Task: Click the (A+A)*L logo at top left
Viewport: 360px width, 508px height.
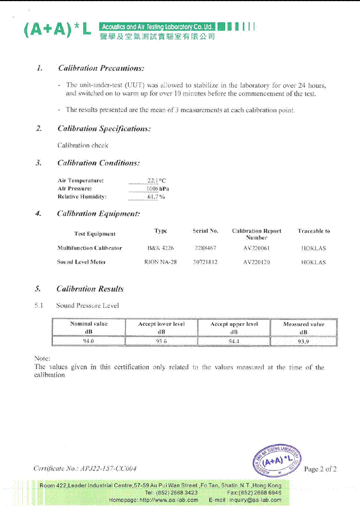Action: (57, 30)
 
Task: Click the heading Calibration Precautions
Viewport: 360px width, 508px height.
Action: (101, 68)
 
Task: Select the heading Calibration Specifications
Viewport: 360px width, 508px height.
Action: (104, 129)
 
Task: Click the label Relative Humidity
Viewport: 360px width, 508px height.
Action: (82, 197)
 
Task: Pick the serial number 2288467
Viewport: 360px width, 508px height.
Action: (206, 248)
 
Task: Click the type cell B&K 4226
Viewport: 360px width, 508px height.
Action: (161, 248)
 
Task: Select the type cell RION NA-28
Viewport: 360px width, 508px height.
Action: (160, 262)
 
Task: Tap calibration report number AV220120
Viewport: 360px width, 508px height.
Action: (257, 262)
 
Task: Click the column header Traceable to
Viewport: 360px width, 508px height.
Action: (313, 231)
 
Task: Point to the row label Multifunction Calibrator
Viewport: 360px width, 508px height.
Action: (89, 248)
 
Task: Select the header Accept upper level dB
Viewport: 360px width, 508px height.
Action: (234, 328)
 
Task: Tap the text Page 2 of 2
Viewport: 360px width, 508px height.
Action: (320, 469)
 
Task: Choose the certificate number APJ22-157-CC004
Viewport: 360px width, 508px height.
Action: (85, 469)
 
